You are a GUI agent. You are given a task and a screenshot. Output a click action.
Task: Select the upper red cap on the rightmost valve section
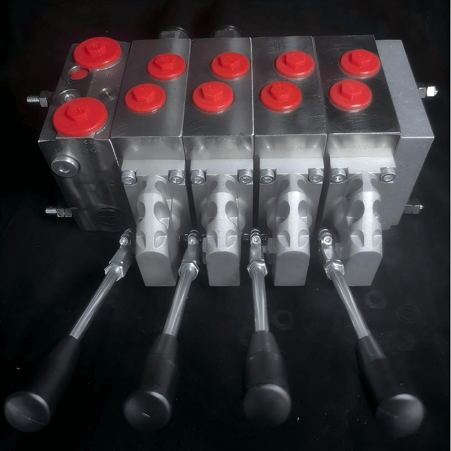359,63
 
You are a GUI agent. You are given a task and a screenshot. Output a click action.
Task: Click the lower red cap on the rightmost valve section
350,95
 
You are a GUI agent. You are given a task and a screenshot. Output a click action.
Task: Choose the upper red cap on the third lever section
295,64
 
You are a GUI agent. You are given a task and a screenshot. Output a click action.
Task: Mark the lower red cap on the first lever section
145,98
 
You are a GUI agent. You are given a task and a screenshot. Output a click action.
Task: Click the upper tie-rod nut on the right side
427,91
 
